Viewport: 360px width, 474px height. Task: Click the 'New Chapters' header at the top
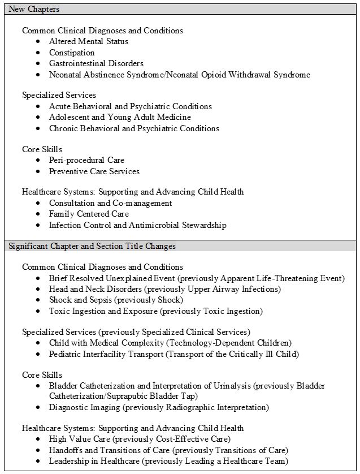coord(34,9)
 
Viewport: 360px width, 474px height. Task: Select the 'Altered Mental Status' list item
coord(88,41)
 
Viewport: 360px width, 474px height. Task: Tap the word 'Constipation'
coord(72,53)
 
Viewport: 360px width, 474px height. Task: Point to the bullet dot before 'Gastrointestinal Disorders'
coord(38,63)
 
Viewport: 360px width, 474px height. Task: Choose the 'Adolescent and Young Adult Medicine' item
coord(120,117)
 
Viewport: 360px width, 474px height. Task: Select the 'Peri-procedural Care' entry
coord(86,160)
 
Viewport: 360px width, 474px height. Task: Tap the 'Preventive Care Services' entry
coord(94,171)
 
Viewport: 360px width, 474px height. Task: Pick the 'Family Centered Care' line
coord(89,214)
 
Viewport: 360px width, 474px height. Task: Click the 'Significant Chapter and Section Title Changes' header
coord(92,246)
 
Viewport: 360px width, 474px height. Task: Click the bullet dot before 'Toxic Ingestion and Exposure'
coord(38,311)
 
